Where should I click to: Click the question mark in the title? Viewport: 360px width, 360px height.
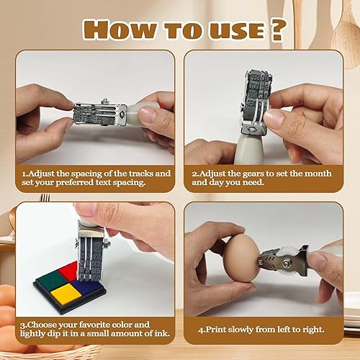point(277,30)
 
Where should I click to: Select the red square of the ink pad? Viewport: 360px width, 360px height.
point(68,272)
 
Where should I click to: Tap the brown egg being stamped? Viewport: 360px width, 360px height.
point(240,260)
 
